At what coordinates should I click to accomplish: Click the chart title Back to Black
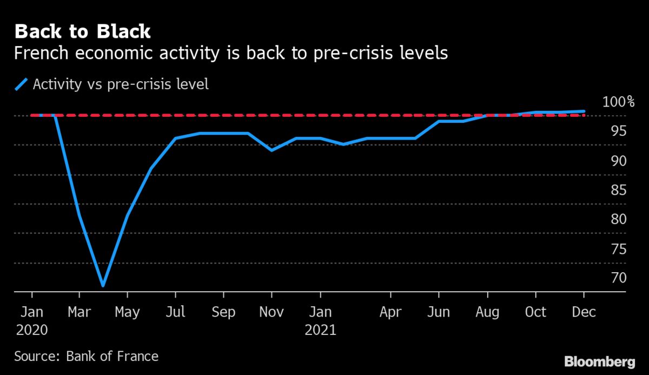[x=83, y=31]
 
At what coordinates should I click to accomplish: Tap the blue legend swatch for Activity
[x=21, y=85]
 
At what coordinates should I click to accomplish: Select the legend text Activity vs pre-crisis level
[x=121, y=85]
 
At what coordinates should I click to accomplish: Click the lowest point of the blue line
[x=103, y=285]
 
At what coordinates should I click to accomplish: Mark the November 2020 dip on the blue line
[x=271, y=150]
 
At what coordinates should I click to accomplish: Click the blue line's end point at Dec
[x=584, y=111]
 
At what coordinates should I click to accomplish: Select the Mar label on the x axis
[x=79, y=313]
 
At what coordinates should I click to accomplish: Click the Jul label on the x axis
[x=175, y=313]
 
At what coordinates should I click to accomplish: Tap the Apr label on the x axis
[x=390, y=313]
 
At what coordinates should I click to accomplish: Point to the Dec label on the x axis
[x=584, y=313]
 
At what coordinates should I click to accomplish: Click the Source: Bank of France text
[x=87, y=356]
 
